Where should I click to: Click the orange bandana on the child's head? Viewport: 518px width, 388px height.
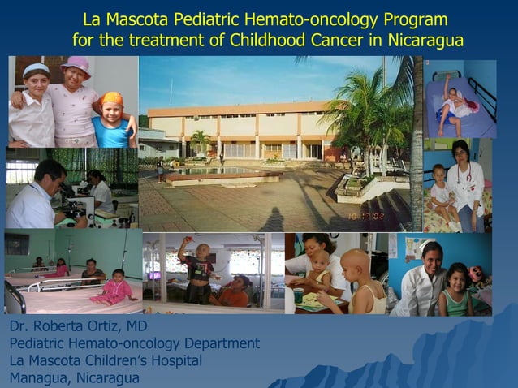pyautogui.click(x=112, y=99)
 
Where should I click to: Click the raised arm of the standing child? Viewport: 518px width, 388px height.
pyautogui.click(x=184, y=244)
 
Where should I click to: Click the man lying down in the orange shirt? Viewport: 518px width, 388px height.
pyautogui.click(x=233, y=291)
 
